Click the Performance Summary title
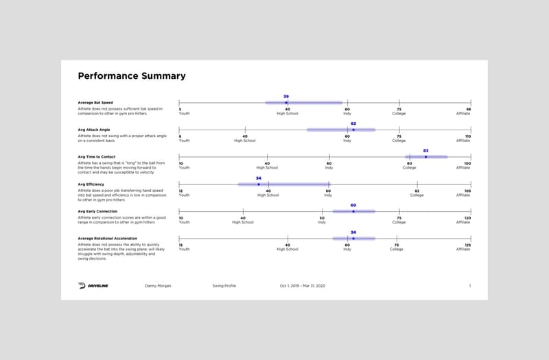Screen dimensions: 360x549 click(x=131, y=76)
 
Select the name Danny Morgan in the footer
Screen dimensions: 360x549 click(x=157, y=285)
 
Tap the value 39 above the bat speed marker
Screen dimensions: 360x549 click(x=286, y=97)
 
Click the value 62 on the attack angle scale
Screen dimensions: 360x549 click(x=353, y=123)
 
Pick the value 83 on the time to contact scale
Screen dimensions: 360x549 click(x=425, y=150)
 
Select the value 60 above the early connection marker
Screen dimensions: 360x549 click(x=353, y=205)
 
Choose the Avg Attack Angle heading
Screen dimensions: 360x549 click(x=94, y=130)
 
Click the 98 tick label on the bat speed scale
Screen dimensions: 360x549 click(x=469, y=109)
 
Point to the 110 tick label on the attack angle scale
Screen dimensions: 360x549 click(x=468, y=136)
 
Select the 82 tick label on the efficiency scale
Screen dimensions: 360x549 click(x=417, y=191)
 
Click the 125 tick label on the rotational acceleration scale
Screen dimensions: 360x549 click(x=468, y=245)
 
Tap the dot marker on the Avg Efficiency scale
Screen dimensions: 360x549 click(x=259, y=184)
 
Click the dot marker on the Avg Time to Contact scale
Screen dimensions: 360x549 click(x=425, y=157)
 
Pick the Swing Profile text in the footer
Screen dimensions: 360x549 click(x=224, y=285)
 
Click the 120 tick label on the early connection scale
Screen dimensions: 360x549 click(x=468, y=218)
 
